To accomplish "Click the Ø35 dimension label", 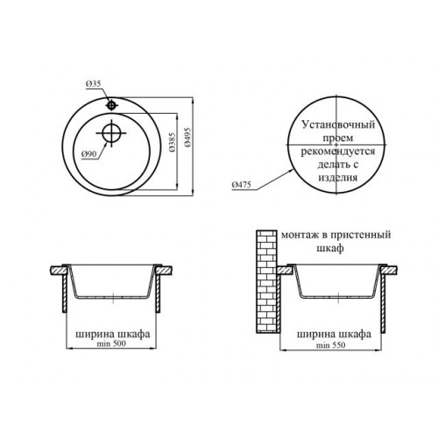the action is pos(93,84).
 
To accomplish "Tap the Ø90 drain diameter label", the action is pos(88,154).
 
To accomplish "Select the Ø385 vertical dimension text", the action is pos(173,142).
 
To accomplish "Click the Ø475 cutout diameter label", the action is pos(241,185).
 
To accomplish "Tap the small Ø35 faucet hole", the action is pos(111,105).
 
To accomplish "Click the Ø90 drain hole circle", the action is pos(111,132).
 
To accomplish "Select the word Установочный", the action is pos(338,124).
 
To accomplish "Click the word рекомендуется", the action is pos(338,152).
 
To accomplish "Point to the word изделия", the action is pos(338,178).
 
